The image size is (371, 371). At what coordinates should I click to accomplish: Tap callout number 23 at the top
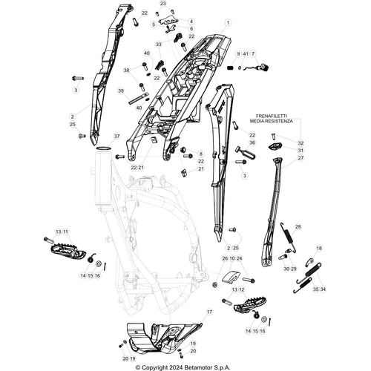coord(162,4)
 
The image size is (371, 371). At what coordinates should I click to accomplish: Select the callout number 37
coord(116,137)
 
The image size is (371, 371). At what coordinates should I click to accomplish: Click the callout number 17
coord(209,313)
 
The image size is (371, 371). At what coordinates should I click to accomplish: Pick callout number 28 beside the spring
coord(298,227)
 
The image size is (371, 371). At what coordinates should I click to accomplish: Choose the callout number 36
coord(252,143)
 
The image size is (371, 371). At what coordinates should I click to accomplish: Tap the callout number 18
coord(320,249)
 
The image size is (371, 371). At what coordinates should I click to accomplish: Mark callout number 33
coord(158,45)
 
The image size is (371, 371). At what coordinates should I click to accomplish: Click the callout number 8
coord(200,154)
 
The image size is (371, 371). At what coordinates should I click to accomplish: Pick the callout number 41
coord(246,55)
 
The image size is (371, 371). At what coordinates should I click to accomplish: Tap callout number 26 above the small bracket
coord(225,258)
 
